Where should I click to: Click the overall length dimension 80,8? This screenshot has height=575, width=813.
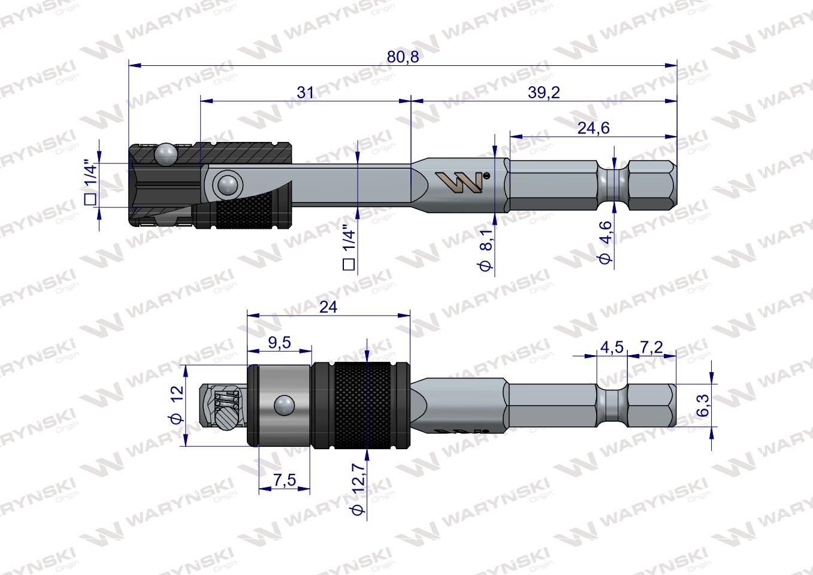point(403,57)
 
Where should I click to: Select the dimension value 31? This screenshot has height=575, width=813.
point(305,92)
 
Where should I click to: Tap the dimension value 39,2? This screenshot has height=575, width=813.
point(543,92)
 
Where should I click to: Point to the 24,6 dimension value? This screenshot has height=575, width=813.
point(593,128)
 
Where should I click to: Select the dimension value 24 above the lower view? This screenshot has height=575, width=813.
point(328,307)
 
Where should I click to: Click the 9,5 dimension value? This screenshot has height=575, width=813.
point(279,343)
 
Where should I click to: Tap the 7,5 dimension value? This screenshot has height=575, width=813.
point(285,480)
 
